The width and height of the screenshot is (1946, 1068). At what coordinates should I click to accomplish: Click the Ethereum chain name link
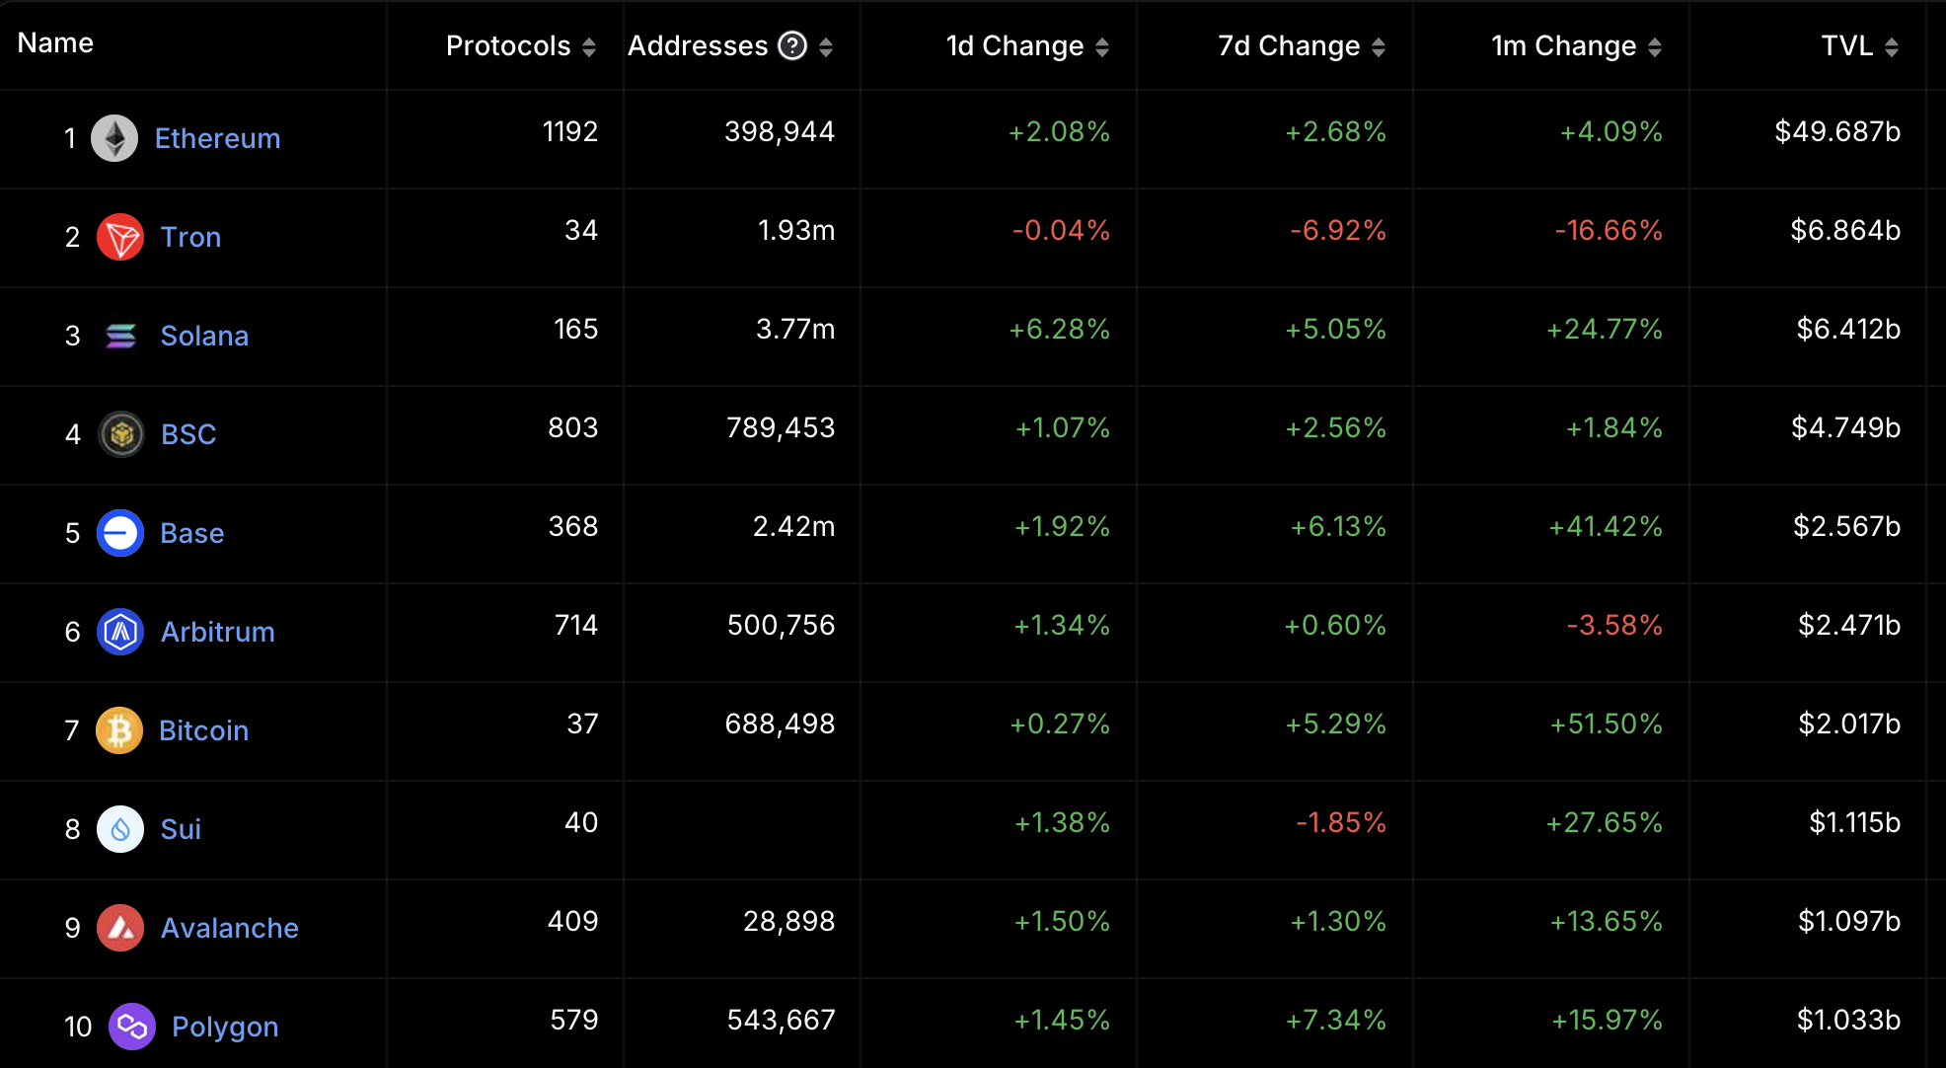tap(217, 138)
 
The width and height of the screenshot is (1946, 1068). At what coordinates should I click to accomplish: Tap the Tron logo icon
tap(120, 237)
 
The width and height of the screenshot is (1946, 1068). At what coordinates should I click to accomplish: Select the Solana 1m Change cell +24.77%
tap(1605, 329)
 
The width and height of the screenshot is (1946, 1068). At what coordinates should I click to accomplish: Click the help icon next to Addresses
tap(792, 45)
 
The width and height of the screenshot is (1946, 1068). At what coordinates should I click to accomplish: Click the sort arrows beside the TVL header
tap(1892, 46)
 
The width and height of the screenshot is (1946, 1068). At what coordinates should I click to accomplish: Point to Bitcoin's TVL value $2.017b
tap(1849, 724)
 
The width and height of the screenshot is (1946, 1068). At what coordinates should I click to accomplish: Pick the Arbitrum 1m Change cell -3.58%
tap(1614, 625)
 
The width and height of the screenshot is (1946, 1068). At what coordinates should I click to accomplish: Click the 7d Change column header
tap(1289, 45)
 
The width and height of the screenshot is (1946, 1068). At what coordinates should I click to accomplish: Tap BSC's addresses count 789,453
tap(781, 427)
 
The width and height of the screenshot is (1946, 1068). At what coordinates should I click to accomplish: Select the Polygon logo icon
tap(131, 1027)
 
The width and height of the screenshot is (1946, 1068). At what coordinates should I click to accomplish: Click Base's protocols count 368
tap(573, 526)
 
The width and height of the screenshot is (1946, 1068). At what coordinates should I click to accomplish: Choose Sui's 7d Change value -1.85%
tap(1341, 822)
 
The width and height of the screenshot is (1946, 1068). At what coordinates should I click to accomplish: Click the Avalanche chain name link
tap(229, 928)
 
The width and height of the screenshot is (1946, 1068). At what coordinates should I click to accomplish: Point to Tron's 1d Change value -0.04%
tap(1061, 230)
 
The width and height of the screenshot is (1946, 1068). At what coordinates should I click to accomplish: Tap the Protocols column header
tap(508, 45)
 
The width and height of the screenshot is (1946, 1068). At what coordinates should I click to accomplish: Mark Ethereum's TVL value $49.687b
tap(1837, 131)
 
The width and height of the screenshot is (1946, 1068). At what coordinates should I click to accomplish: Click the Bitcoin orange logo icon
tap(119, 730)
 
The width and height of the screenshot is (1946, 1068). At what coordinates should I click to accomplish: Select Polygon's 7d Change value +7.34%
tap(1336, 1020)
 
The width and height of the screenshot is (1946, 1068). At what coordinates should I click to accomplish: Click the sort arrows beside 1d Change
tap(1102, 46)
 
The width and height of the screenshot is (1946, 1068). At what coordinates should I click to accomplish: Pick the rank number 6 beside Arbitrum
tap(72, 632)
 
